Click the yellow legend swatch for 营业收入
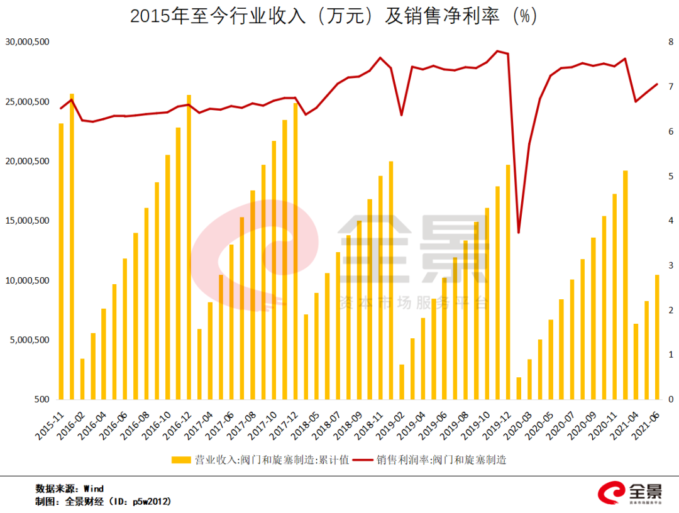[x=181, y=460]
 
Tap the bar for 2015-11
[x=61, y=261]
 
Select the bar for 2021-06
[x=657, y=337]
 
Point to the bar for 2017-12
[x=295, y=251]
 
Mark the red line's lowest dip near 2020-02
[x=519, y=233]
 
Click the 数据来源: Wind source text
[x=69, y=488]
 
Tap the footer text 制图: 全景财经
[x=103, y=502]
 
